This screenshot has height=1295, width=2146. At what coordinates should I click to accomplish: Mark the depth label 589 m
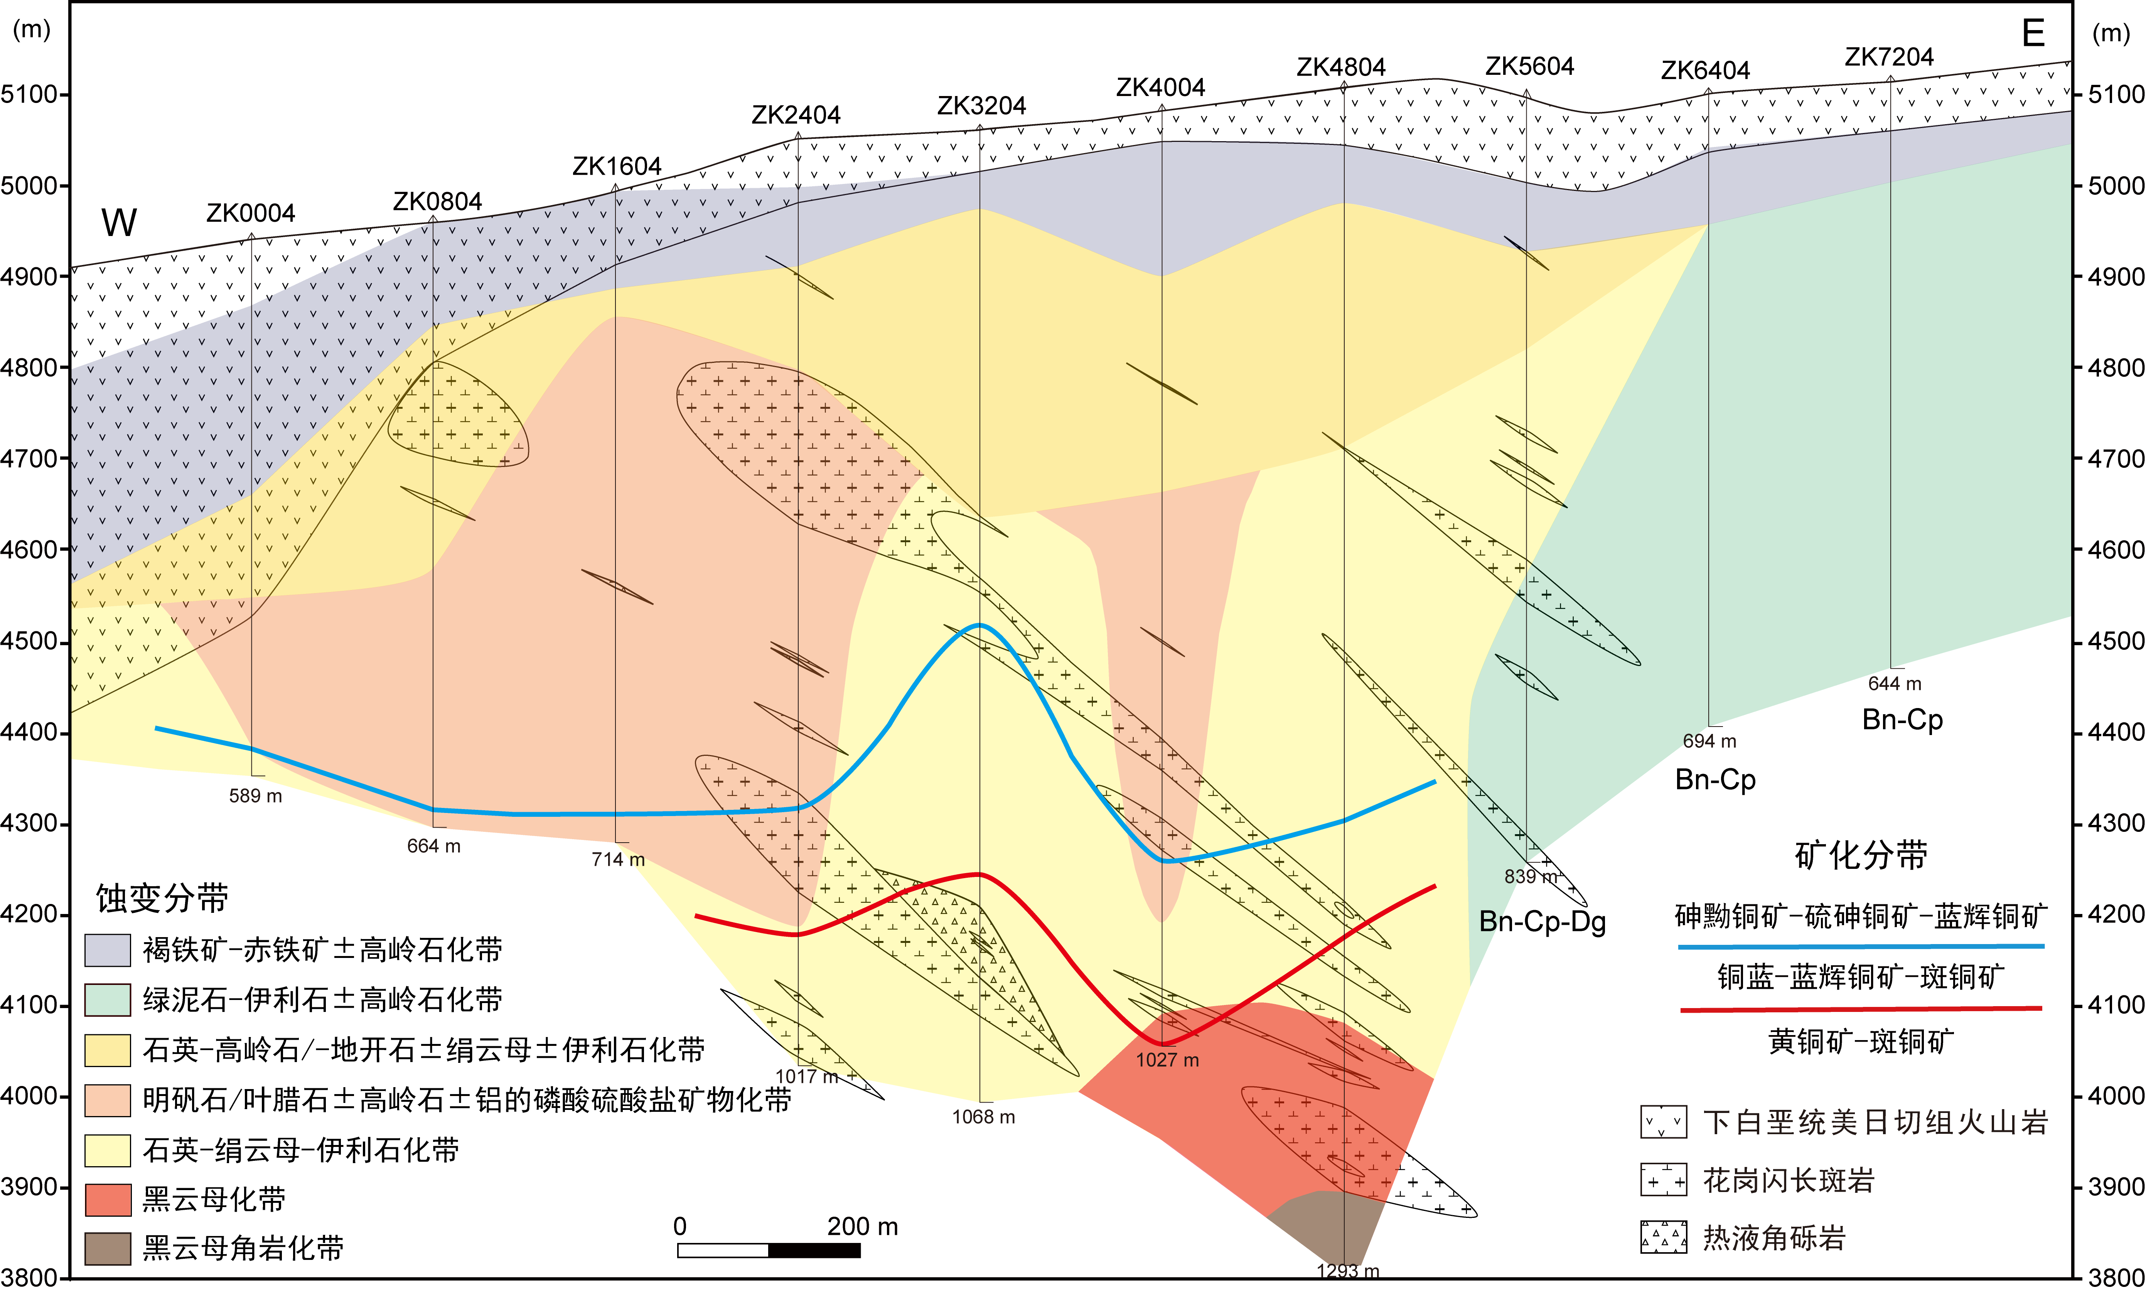coord(255,796)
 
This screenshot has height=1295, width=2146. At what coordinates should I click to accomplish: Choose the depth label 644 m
coord(1894,684)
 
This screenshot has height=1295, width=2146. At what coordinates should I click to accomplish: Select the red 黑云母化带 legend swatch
coord(107,1199)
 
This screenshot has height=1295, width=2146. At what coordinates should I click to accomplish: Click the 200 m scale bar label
coord(861,1226)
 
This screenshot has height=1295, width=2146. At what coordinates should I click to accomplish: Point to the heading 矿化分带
coord(1860,855)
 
